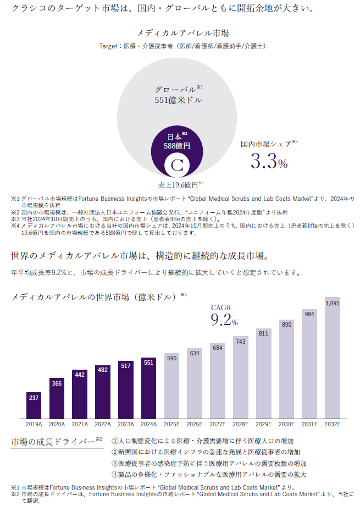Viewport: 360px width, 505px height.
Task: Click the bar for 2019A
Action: pyautogui.click(x=34, y=405)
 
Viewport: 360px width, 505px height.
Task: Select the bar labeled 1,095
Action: pyautogui.click(x=332, y=358)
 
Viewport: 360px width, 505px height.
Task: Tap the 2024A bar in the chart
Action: pyautogui.click(x=148, y=388)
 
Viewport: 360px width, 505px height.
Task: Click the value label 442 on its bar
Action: pyautogui.click(x=80, y=375)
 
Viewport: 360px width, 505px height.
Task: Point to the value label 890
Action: pyautogui.click(x=286, y=325)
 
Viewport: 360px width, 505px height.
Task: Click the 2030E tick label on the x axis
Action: pyautogui.click(x=286, y=425)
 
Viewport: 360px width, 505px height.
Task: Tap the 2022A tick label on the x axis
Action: pyautogui.click(x=102, y=425)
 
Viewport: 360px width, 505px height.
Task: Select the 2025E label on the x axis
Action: pyautogui.click(x=171, y=425)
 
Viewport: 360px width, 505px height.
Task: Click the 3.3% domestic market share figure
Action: pyautogui.click(x=269, y=162)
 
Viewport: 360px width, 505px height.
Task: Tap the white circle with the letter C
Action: pyautogui.click(x=177, y=165)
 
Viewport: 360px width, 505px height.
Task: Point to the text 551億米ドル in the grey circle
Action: pyautogui.click(x=178, y=100)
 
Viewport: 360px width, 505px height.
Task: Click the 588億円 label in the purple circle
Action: pyautogui.click(x=177, y=146)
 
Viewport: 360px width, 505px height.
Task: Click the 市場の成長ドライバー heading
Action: pyautogui.click(x=53, y=442)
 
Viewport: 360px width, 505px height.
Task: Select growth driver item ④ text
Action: pyautogui.click(x=209, y=474)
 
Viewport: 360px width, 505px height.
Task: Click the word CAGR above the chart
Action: pyautogui.click(x=221, y=308)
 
